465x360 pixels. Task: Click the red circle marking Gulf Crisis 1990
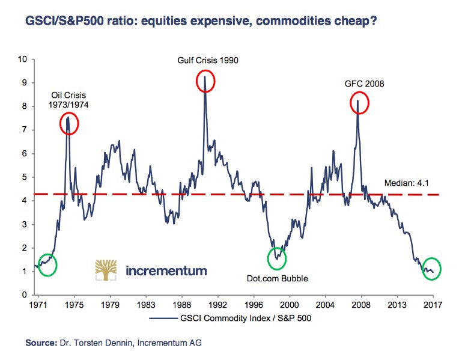click(x=205, y=81)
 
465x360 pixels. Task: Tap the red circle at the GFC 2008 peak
click(x=359, y=103)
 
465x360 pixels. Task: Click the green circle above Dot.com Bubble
click(x=276, y=258)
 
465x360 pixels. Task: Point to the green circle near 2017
click(x=431, y=268)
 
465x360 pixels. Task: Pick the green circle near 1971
click(x=47, y=264)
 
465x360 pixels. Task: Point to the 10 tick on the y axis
click(x=23, y=59)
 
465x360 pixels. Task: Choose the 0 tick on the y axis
click(x=25, y=295)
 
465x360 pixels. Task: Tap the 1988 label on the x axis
click(x=181, y=305)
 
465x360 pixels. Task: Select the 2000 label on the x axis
click(x=290, y=305)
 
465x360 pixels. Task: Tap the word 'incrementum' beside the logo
click(x=166, y=271)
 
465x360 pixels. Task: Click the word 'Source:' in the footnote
click(x=41, y=344)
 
